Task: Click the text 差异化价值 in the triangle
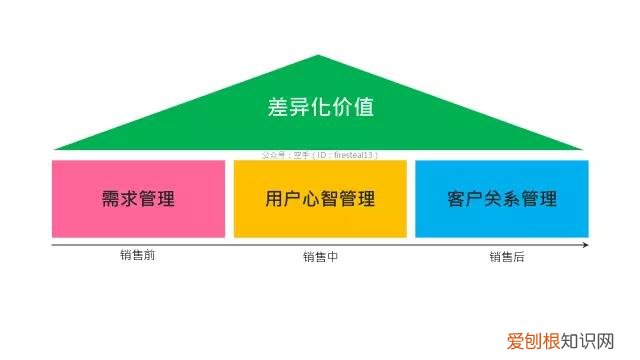click(x=321, y=107)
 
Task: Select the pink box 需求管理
click(x=138, y=198)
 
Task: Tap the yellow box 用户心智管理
click(x=321, y=198)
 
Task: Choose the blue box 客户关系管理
click(x=502, y=198)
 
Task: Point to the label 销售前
click(x=137, y=255)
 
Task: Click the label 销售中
click(x=320, y=257)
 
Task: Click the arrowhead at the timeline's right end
click(x=585, y=244)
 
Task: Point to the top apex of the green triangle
click(x=319, y=56)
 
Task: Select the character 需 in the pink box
click(x=111, y=198)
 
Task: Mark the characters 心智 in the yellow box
click(x=321, y=198)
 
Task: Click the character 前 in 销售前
click(x=149, y=255)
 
